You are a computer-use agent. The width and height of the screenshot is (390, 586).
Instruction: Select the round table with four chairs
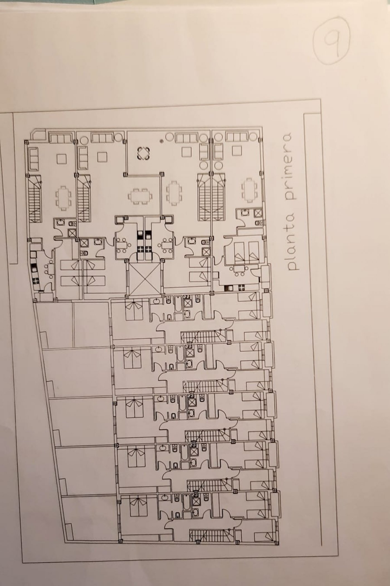144,153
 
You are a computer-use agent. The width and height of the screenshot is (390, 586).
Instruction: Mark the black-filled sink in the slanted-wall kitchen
34,267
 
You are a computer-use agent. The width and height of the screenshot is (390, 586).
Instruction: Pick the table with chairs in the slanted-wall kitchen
49,270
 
